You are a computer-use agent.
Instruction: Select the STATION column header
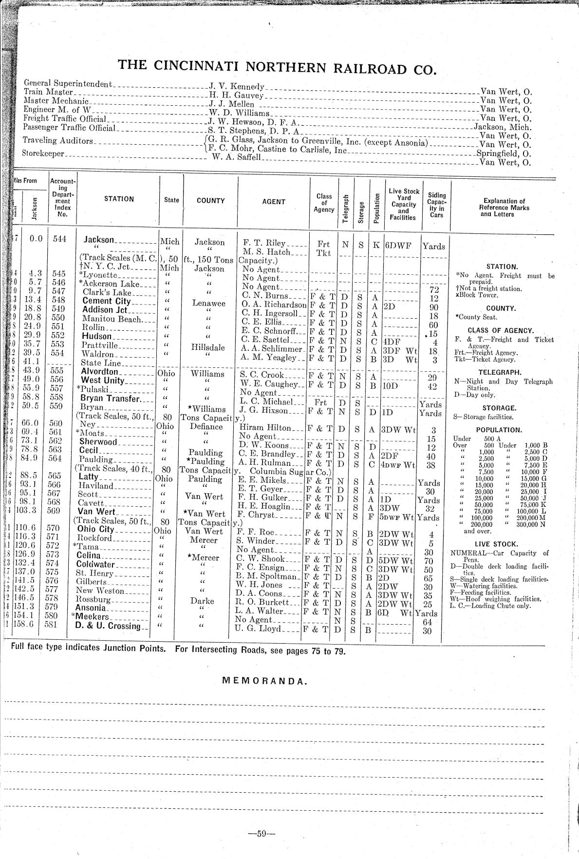[119, 199]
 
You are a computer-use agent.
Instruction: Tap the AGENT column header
[274, 201]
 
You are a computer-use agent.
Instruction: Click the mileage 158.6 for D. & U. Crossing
[33, 623]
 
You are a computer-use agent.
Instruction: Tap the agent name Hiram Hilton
[265, 427]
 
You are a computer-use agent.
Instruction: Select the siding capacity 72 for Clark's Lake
[435, 290]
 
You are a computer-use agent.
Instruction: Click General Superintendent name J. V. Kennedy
[237, 86]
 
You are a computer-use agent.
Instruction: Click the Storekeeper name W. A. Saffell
[237, 157]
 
